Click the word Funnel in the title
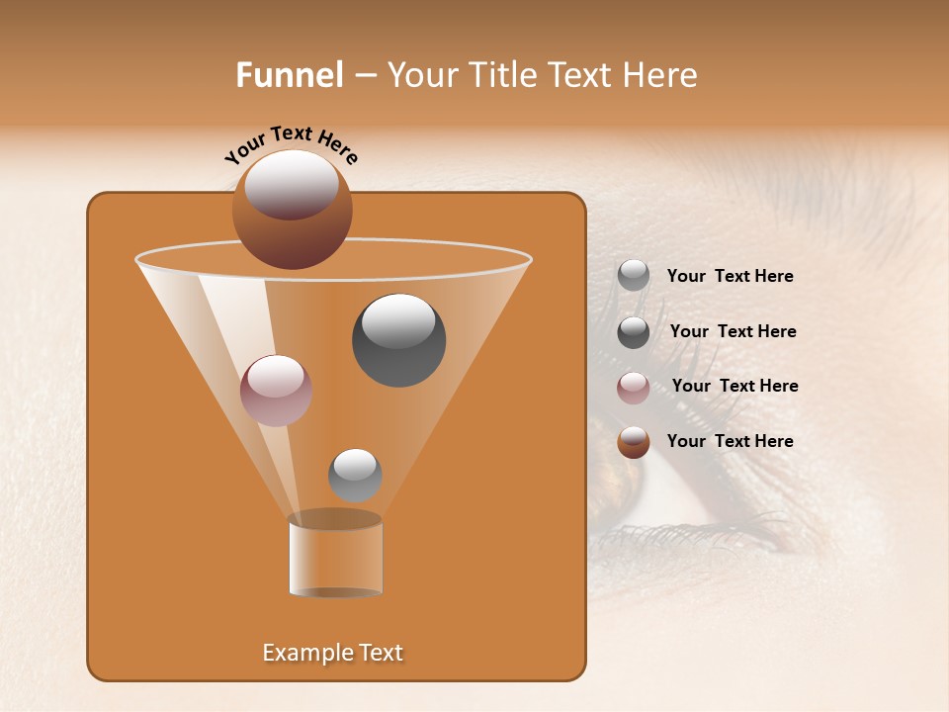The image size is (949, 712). coord(289,75)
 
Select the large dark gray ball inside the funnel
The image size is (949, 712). coord(398,340)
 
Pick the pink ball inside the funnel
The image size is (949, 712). coord(276,391)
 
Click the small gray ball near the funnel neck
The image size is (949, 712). coord(355,475)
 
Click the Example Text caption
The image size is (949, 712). coord(332,653)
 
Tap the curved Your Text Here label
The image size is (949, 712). coord(291,142)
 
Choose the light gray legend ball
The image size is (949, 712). coord(633,276)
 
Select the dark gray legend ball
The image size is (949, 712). coord(633,331)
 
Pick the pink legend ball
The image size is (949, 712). coord(633,387)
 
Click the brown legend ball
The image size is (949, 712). coord(633,442)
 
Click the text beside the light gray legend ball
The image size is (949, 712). coord(730,277)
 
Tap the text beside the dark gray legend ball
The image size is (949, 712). coord(733,331)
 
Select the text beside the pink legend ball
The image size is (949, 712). coord(734,386)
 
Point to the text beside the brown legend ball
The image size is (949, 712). coord(730,441)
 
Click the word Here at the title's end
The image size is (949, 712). coord(661,75)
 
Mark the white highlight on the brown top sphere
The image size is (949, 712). coord(292,185)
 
